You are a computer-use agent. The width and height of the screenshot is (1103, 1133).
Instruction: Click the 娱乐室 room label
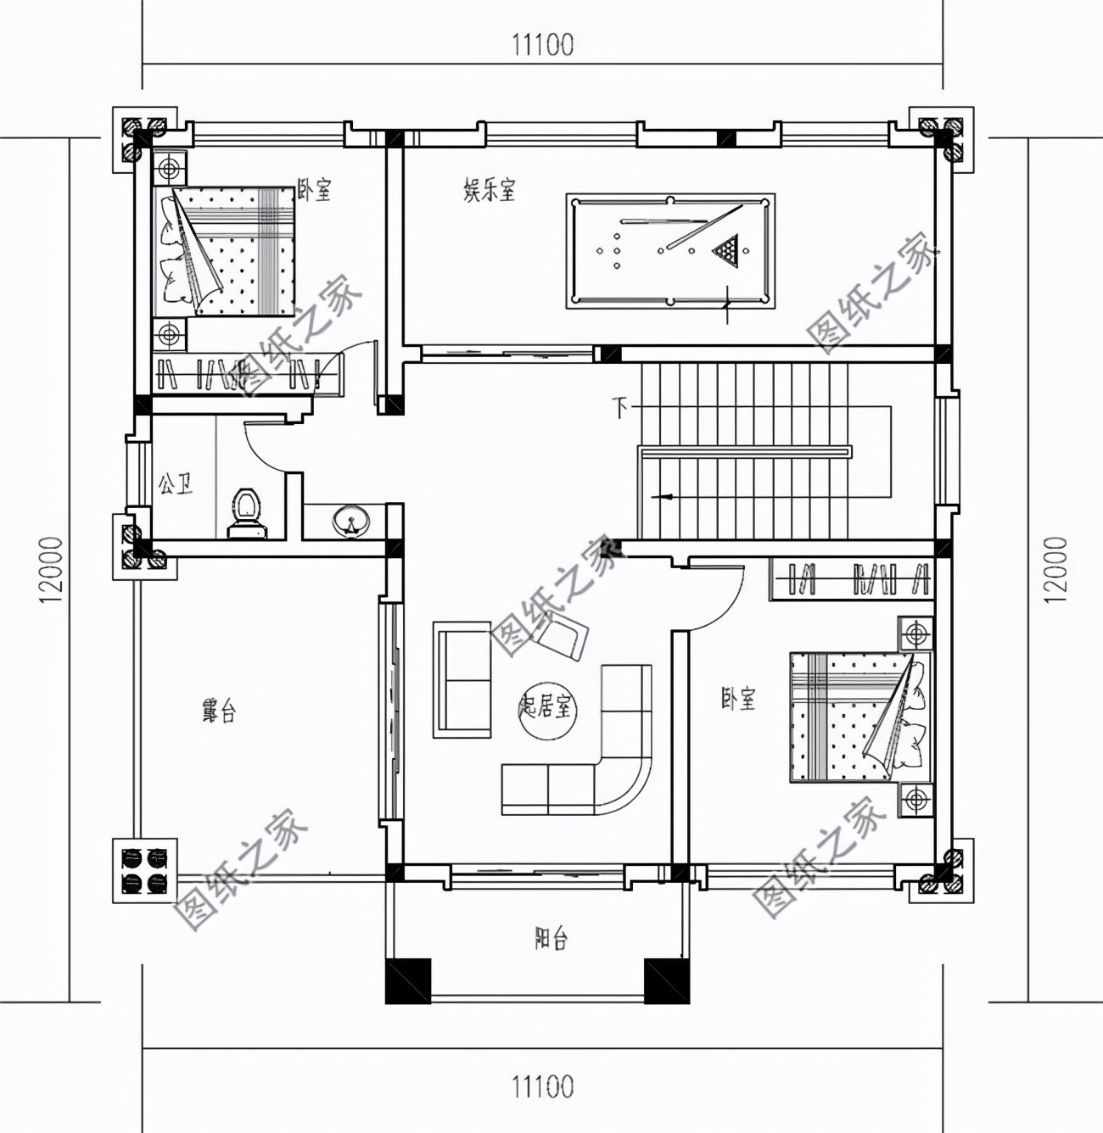click(490, 190)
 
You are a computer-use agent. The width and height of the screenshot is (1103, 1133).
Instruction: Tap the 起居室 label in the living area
click(547, 706)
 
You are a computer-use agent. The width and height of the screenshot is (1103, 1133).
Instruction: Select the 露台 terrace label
click(218, 711)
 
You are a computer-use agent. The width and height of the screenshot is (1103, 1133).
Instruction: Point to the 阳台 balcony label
click(551, 939)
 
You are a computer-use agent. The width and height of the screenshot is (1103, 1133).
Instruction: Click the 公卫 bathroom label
click(174, 485)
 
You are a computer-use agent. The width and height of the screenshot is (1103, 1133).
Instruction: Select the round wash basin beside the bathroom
click(349, 519)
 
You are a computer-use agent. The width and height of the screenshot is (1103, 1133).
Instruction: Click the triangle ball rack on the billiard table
click(725, 249)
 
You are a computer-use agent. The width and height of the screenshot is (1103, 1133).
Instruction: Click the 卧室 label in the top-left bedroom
click(314, 191)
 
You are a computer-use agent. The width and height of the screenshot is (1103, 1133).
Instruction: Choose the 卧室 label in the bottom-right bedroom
click(737, 699)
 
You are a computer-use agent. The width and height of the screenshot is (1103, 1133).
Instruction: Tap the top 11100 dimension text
click(542, 44)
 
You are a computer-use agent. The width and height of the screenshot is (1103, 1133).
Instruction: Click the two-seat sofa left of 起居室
click(463, 679)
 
